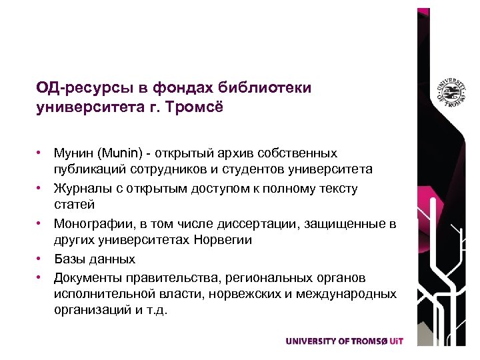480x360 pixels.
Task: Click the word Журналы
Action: click(x=81, y=189)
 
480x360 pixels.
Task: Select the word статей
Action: click(x=75, y=205)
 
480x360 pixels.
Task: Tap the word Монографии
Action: click(x=90, y=223)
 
